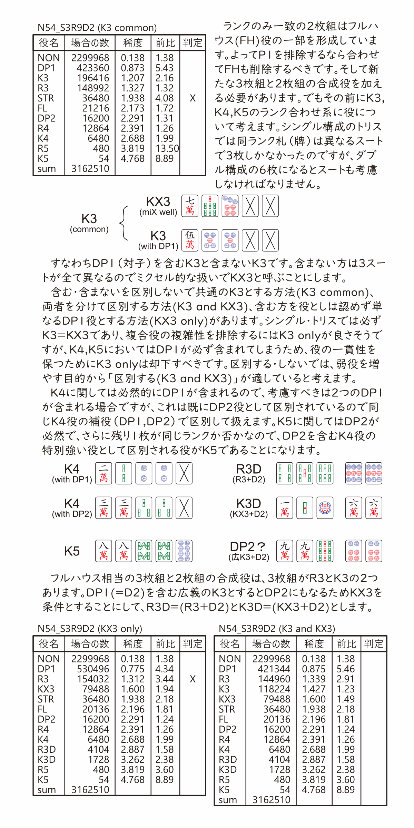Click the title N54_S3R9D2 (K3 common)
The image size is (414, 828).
click(97, 28)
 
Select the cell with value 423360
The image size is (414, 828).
click(93, 68)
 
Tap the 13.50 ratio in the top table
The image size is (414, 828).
click(167, 148)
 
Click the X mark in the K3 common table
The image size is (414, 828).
click(193, 98)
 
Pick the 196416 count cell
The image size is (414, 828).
click(93, 78)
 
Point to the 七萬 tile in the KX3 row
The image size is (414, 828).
click(190, 206)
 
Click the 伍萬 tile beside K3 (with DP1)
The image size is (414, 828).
click(190, 240)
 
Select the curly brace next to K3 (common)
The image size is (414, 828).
click(124, 223)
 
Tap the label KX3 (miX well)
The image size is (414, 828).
click(158, 206)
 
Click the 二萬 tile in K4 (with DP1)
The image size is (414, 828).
click(103, 473)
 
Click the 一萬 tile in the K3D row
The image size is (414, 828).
click(285, 507)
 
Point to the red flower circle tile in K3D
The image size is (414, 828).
click(325, 507)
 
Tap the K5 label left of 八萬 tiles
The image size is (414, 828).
click(72, 551)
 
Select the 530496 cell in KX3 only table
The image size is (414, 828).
click(93, 669)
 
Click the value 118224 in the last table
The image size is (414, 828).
click(274, 689)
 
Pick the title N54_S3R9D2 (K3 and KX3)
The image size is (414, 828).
click(277, 629)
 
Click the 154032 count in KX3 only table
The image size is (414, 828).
click(93, 679)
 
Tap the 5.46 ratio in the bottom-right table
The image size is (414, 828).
click(345, 669)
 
